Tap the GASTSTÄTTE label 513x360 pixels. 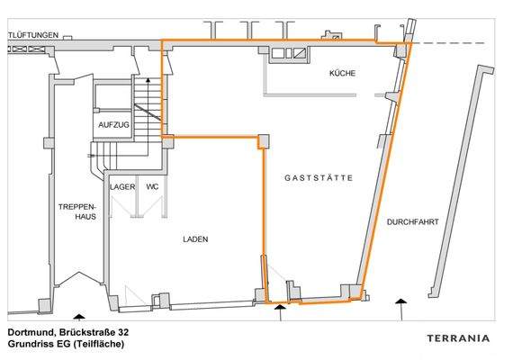tap(319, 179)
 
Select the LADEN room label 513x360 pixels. tap(195, 239)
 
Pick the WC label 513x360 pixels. tap(152, 187)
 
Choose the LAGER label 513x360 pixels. tap(122, 187)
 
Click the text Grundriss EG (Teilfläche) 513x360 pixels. tap(66, 344)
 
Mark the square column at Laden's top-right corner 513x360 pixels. tap(264, 140)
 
